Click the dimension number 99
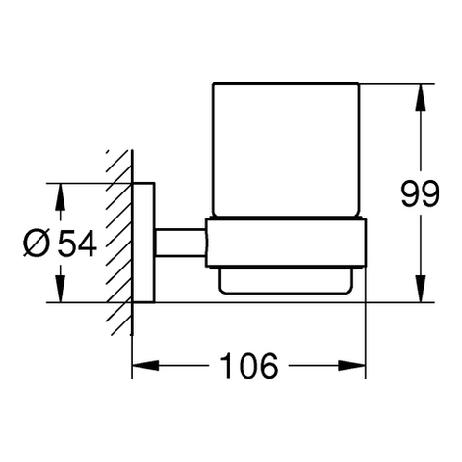click(420, 193)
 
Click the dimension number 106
click(249, 366)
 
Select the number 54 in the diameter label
click(77, 244)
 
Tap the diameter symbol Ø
click(38, 244)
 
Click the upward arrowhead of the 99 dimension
click(421, 97)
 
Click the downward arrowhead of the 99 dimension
click(421, 289)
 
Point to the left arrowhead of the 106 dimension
click(145, 365)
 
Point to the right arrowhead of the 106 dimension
click(352, 365)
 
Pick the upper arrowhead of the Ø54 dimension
click(60, 197)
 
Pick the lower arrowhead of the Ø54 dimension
click(60, 289)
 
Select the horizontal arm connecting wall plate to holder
click(181, 243)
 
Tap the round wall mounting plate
click(143, 243)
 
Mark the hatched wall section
click(119, 243)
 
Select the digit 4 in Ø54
click(88, 244)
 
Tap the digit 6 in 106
click(269, 366)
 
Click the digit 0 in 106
click(248, 366)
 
